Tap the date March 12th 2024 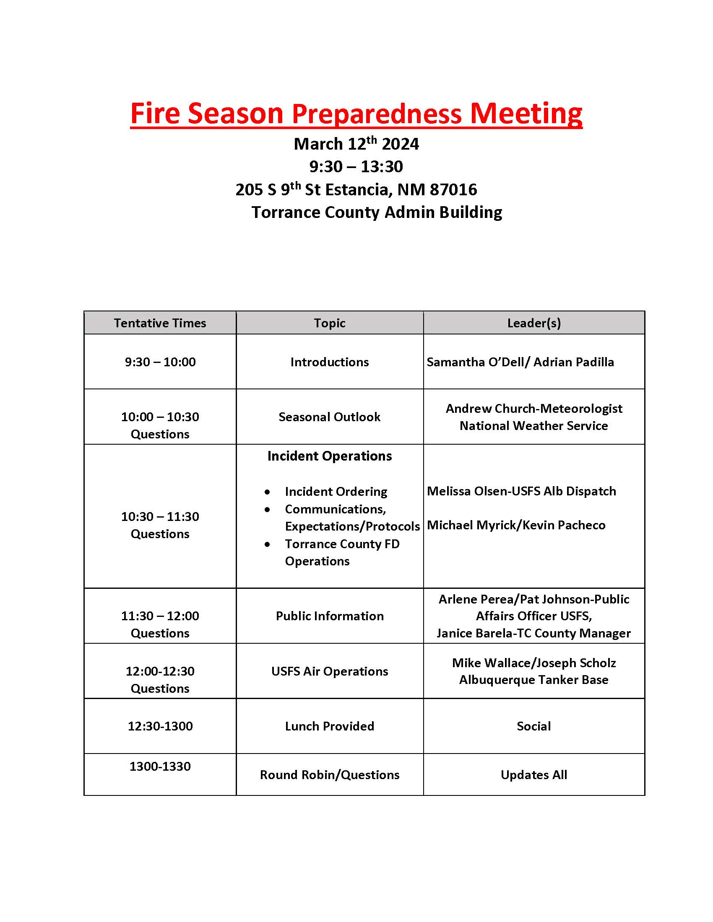coord(356,144)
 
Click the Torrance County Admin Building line coord(376,212)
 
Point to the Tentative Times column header coord(160,323)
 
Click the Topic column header coord(330,323)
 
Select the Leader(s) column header coord(534,323)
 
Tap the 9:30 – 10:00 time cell coord(160,362)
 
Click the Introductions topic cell coord(330,362)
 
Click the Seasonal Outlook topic coord(330,417)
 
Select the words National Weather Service coord(533,425)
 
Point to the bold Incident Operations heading coord(330,456)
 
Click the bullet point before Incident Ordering coord(268,492)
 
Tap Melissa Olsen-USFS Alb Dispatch coord(521,491)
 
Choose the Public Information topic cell coord(330,616)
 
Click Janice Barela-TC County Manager coord(533,633)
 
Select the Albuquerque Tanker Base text coord(533,680)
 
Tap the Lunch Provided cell coord(330,726)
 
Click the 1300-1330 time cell coord(160,766)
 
